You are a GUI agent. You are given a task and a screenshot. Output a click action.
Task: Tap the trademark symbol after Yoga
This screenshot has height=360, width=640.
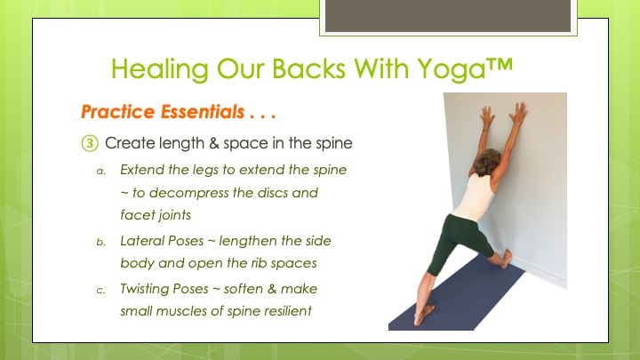tap(500, 65)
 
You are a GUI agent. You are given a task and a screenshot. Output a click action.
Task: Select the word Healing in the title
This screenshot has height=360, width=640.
tap(160, 69)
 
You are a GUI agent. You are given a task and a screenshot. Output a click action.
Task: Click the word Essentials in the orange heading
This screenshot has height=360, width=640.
tap(203, 112)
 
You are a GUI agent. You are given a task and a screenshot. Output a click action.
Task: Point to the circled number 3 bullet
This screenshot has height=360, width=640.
tap(90, 143)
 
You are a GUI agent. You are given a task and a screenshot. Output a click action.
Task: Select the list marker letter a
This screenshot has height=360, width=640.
tap(100, 171)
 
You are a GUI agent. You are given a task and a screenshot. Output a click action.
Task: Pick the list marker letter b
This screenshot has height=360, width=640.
tap(100, 242)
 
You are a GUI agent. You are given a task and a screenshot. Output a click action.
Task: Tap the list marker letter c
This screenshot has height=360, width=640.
tap(100, 291)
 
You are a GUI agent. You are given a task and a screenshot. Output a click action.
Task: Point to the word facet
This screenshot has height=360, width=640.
tap(132, 215)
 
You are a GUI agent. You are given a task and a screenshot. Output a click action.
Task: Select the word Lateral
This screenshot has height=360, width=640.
tap(141, 241)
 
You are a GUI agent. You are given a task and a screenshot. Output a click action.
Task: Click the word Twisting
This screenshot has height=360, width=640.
tap(144, 290)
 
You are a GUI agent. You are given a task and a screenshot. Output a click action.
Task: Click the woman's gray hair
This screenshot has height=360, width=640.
tap(486, 161)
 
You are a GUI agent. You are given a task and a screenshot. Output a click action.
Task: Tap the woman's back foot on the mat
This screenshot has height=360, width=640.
tap(423, 315)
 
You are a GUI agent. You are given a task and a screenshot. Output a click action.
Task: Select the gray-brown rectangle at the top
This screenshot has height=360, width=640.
tap(448, 15)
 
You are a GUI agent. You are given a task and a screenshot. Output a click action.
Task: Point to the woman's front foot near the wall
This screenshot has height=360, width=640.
tap(506, 259)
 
